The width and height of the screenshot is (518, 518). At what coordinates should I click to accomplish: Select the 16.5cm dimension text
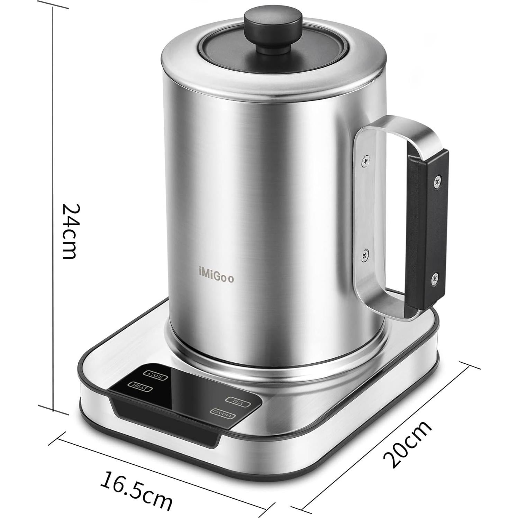pos(136,489)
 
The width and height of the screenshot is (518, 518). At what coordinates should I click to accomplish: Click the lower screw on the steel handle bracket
pos(364,255)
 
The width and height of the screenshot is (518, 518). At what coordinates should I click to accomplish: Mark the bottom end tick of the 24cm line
pos(53,409)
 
